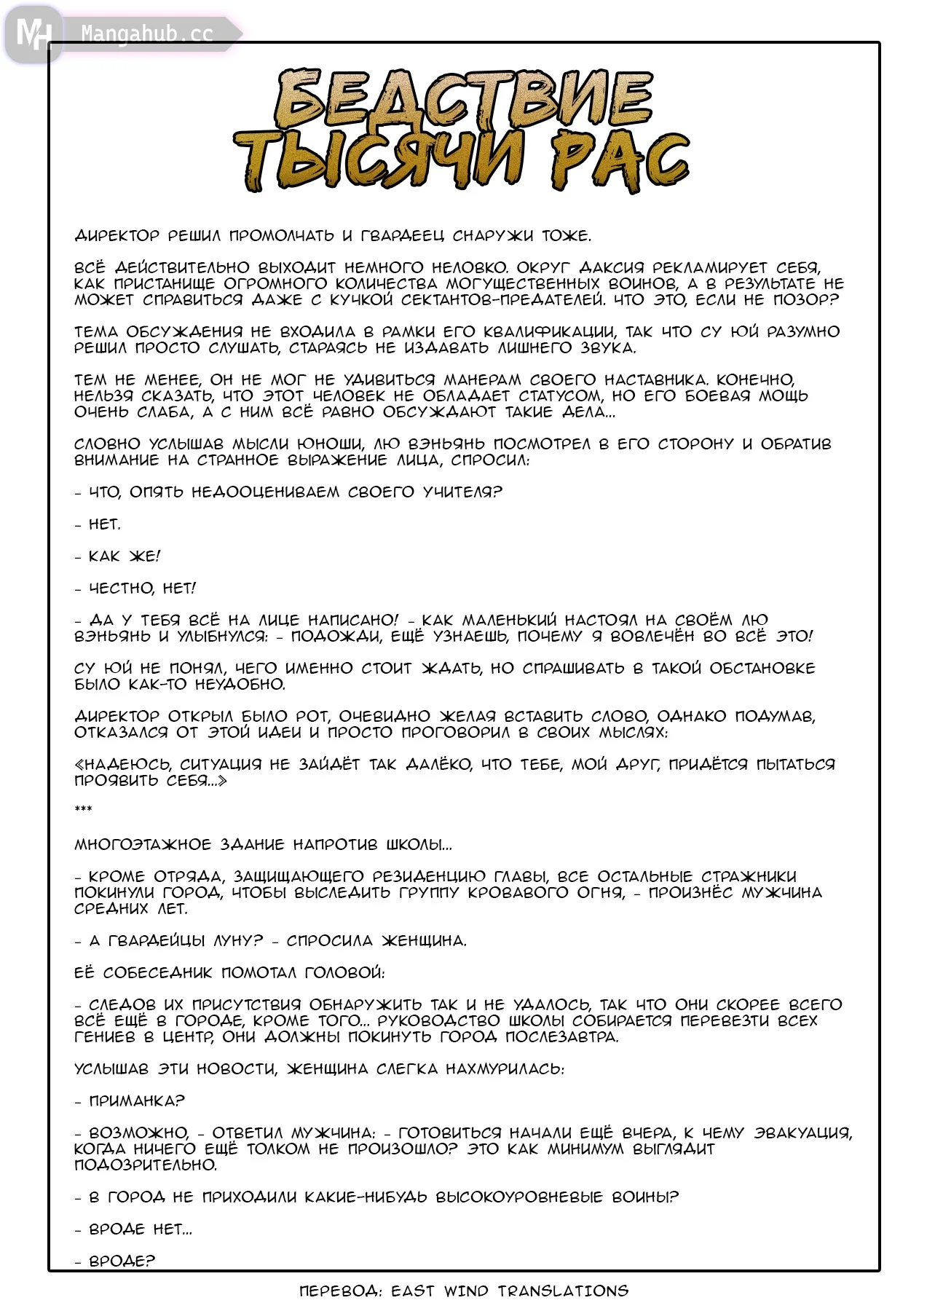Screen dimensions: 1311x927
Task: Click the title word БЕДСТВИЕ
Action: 463,99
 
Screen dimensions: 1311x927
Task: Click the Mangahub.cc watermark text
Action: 147,34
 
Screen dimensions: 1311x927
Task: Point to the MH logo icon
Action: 33,34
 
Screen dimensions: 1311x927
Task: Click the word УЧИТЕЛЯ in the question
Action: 462,492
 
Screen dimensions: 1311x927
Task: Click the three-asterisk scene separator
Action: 83,809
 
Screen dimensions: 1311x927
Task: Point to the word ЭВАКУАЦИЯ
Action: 802,1133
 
